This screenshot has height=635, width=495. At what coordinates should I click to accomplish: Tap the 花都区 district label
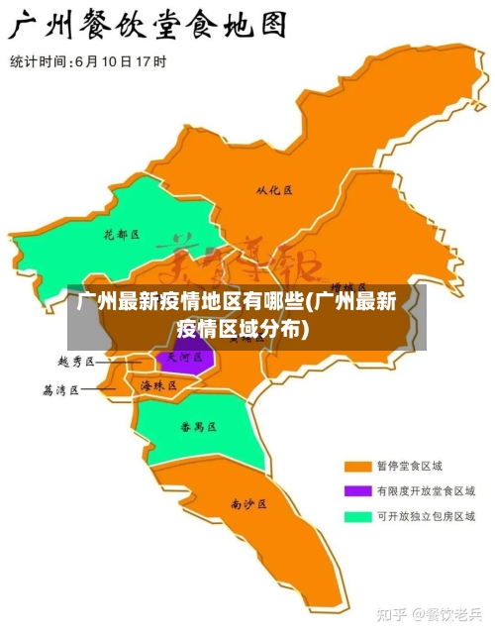coord(122,235)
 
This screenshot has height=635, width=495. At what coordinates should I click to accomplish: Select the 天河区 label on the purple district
coord(184,357)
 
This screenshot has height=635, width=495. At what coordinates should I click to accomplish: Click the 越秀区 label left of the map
coord(76,363)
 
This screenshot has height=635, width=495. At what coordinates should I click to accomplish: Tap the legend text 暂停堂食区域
coord(409,466)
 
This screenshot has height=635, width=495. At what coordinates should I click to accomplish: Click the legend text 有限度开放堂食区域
coord(425,490)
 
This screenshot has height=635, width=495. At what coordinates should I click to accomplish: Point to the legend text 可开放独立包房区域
coord(425,516)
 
